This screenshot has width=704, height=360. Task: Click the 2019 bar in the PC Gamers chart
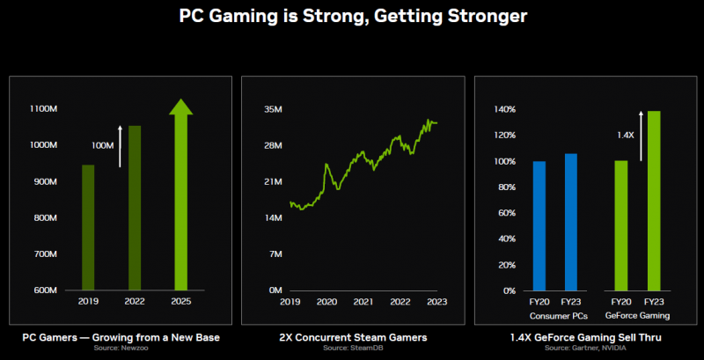coord(88,227)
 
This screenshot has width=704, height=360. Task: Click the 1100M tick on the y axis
coord(43,109)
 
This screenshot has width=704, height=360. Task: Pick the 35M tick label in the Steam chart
coord(272,109)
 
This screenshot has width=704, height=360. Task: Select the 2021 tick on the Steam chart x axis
coord(363,301)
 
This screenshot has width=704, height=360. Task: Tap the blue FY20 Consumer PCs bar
coord(539,225)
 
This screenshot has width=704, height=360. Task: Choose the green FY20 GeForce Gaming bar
coord(621,225)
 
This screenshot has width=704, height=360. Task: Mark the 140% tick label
coord(504,109)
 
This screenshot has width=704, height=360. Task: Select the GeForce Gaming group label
coord(637,315)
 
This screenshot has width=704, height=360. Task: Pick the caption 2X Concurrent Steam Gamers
coord(352,338)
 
